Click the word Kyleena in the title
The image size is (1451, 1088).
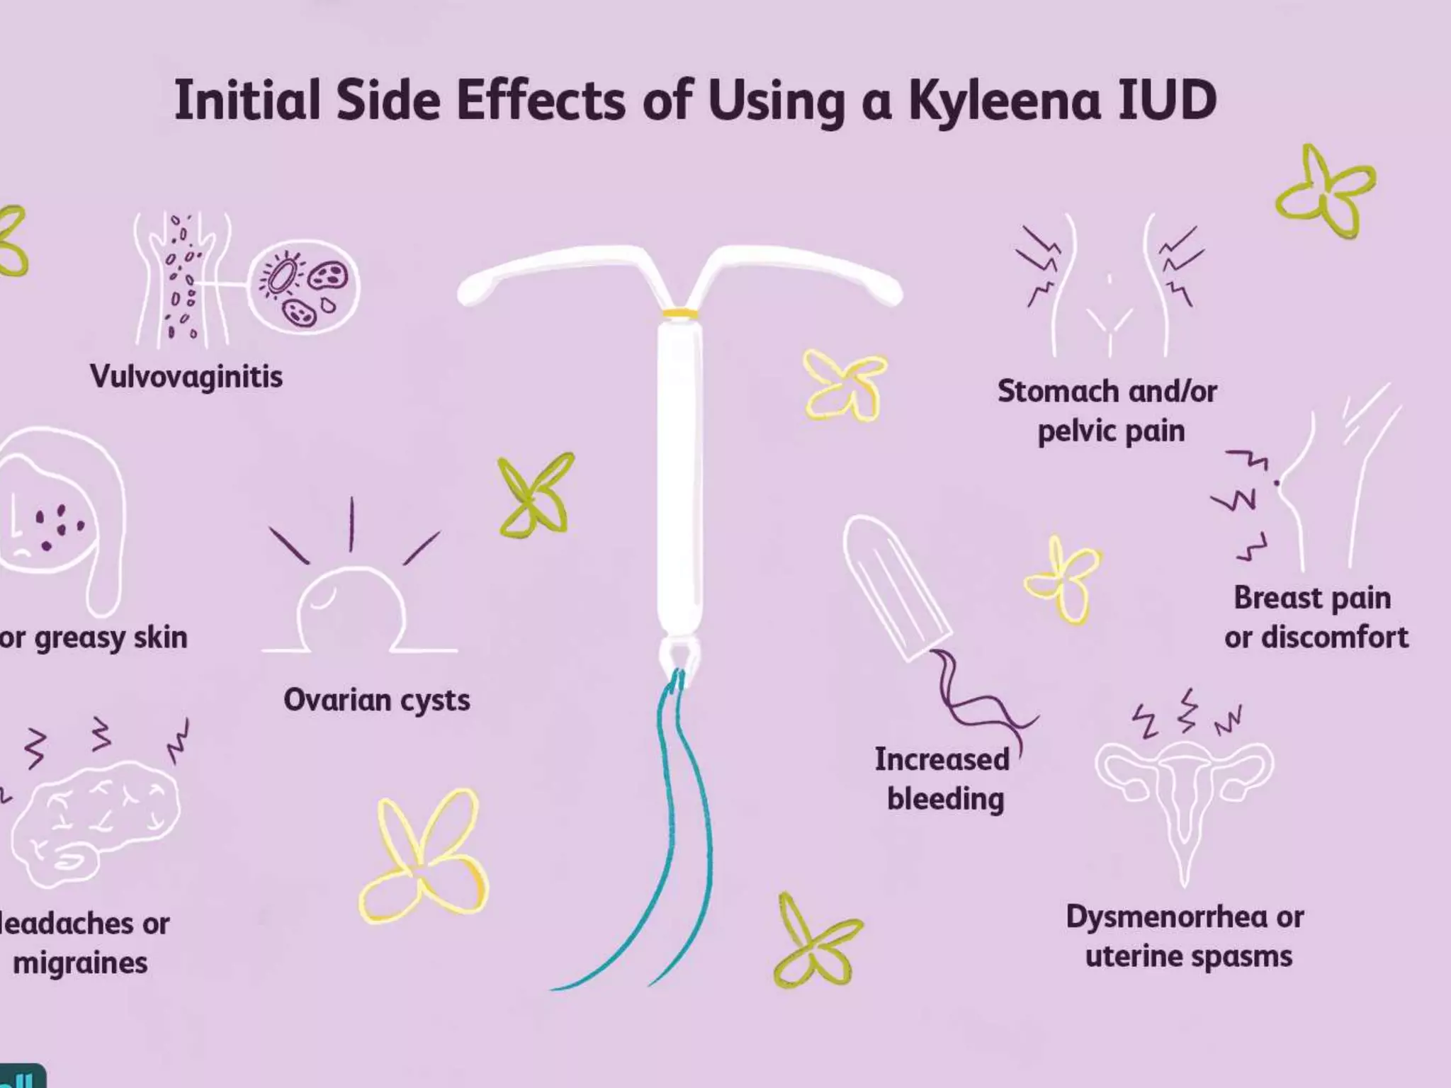click(x=1005, y=101)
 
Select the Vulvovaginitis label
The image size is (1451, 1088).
click(x=186, y=376)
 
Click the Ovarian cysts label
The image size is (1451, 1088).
click(x=377, y=700)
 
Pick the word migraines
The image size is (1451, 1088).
click(x=81, y=963)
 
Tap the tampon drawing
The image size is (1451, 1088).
click(x=896, y=588)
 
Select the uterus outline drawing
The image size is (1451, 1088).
click(x=1183, y=793)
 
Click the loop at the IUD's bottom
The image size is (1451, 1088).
click(x=679, y=655)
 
